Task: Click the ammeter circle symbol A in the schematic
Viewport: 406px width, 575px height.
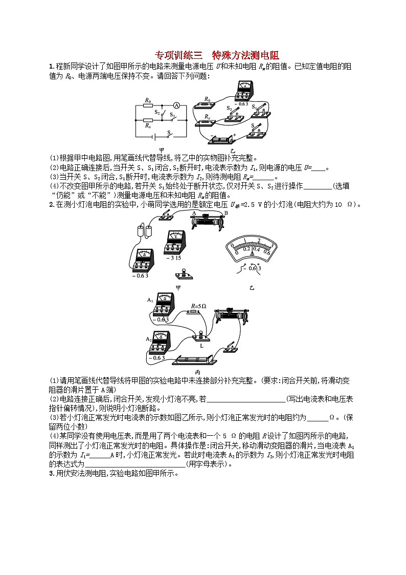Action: pyautogui.click(x=175, y=105)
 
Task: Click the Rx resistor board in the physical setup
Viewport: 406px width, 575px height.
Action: pyautogui.click(x=207, y=122)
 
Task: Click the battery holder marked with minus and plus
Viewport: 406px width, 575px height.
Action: pyautogui.click(x=221, y=139)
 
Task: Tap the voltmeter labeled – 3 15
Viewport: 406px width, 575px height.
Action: pyautogui.click(x=175, y=242)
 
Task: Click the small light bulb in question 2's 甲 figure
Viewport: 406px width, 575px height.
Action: pyautogui.click(x=179, y=272)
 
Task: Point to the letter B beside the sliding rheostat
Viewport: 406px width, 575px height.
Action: pyautogui.click(x=226, y=214)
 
